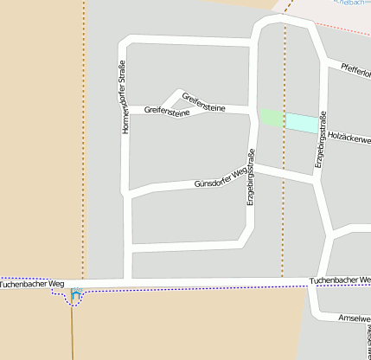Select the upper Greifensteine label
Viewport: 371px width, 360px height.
203,102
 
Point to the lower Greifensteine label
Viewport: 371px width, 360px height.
167,111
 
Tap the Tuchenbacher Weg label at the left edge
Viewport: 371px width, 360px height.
33,283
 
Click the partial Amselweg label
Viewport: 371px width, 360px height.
354,318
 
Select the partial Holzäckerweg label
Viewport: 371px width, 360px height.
349,137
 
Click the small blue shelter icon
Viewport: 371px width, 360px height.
76,296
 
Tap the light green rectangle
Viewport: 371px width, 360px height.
272,119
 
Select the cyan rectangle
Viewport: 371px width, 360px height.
302,123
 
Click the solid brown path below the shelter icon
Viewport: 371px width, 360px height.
73,333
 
